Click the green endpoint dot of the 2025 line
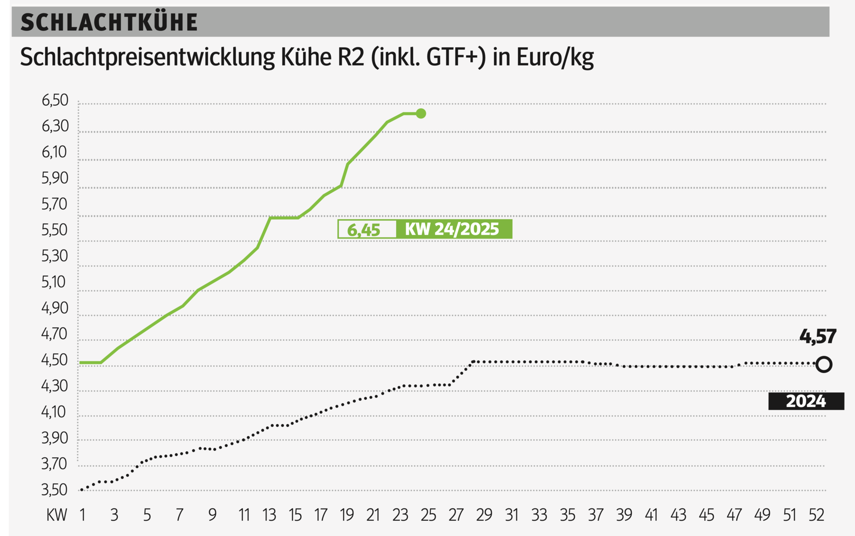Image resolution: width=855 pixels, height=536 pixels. pyautogui.click(x=421, y=113)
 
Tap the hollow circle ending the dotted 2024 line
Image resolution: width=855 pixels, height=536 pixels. pyautogui.click(x=824, y=364)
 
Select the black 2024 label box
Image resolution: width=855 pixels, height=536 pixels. pyautogui.click(x=806, y=401)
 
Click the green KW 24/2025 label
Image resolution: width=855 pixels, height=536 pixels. pyautogui.click(x=452, y=229)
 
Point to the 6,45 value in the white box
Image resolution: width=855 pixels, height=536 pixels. pyautogui.click(x=364, y=230)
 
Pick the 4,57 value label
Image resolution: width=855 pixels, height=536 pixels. pyautogui.click(x=817, y=336)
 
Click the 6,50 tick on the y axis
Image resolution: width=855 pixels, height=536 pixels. pyautogui.click(x=55, y=101)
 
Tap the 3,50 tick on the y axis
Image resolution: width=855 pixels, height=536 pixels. pyautogui.click(x=55, y=490)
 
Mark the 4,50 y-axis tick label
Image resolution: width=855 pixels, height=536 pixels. pyautogui.click(x=55, y=360)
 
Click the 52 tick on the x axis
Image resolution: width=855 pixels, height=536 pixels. pyautogui.click(x=816, y=515)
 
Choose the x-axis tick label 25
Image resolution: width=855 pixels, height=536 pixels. pyautogui.click(x=428, y=515)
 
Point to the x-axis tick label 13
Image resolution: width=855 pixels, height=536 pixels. pyautogui.click(x=269, y=515)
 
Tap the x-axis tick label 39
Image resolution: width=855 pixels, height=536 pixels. pyautogui.click(x=624, y=515)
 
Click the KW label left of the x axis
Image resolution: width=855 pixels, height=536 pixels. pyautogui.click(x=57, y=515)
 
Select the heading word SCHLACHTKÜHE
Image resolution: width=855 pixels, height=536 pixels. pyautogui.click(x=109, y=22)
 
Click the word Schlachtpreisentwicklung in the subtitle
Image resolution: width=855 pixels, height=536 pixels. pyautogui.click(x=147, y=58)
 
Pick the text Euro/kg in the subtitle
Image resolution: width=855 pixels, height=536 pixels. pyautogui.click(x=555, y=58)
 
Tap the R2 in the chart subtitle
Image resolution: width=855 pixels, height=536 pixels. pyautogui.click(x=351, y=58)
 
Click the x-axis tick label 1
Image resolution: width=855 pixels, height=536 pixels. pyautogui.click(x=83, y=515)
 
